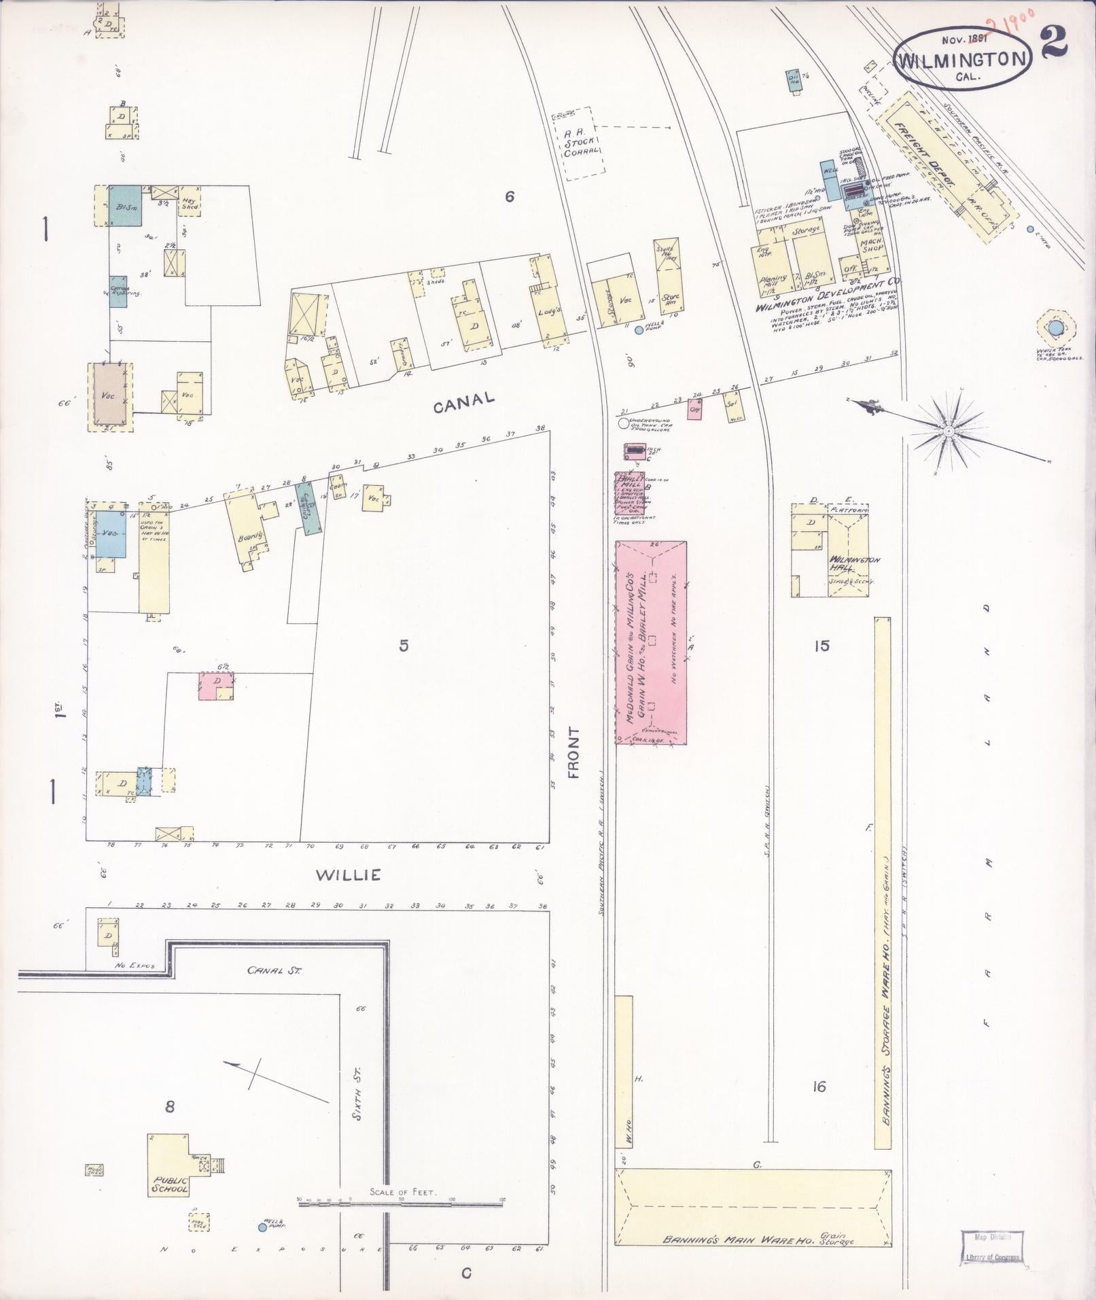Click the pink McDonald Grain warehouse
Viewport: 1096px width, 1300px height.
[651, 642]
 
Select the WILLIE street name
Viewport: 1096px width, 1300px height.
[348, 875]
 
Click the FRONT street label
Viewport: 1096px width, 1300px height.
[575, 752]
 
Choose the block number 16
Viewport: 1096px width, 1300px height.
[819, 1087]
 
